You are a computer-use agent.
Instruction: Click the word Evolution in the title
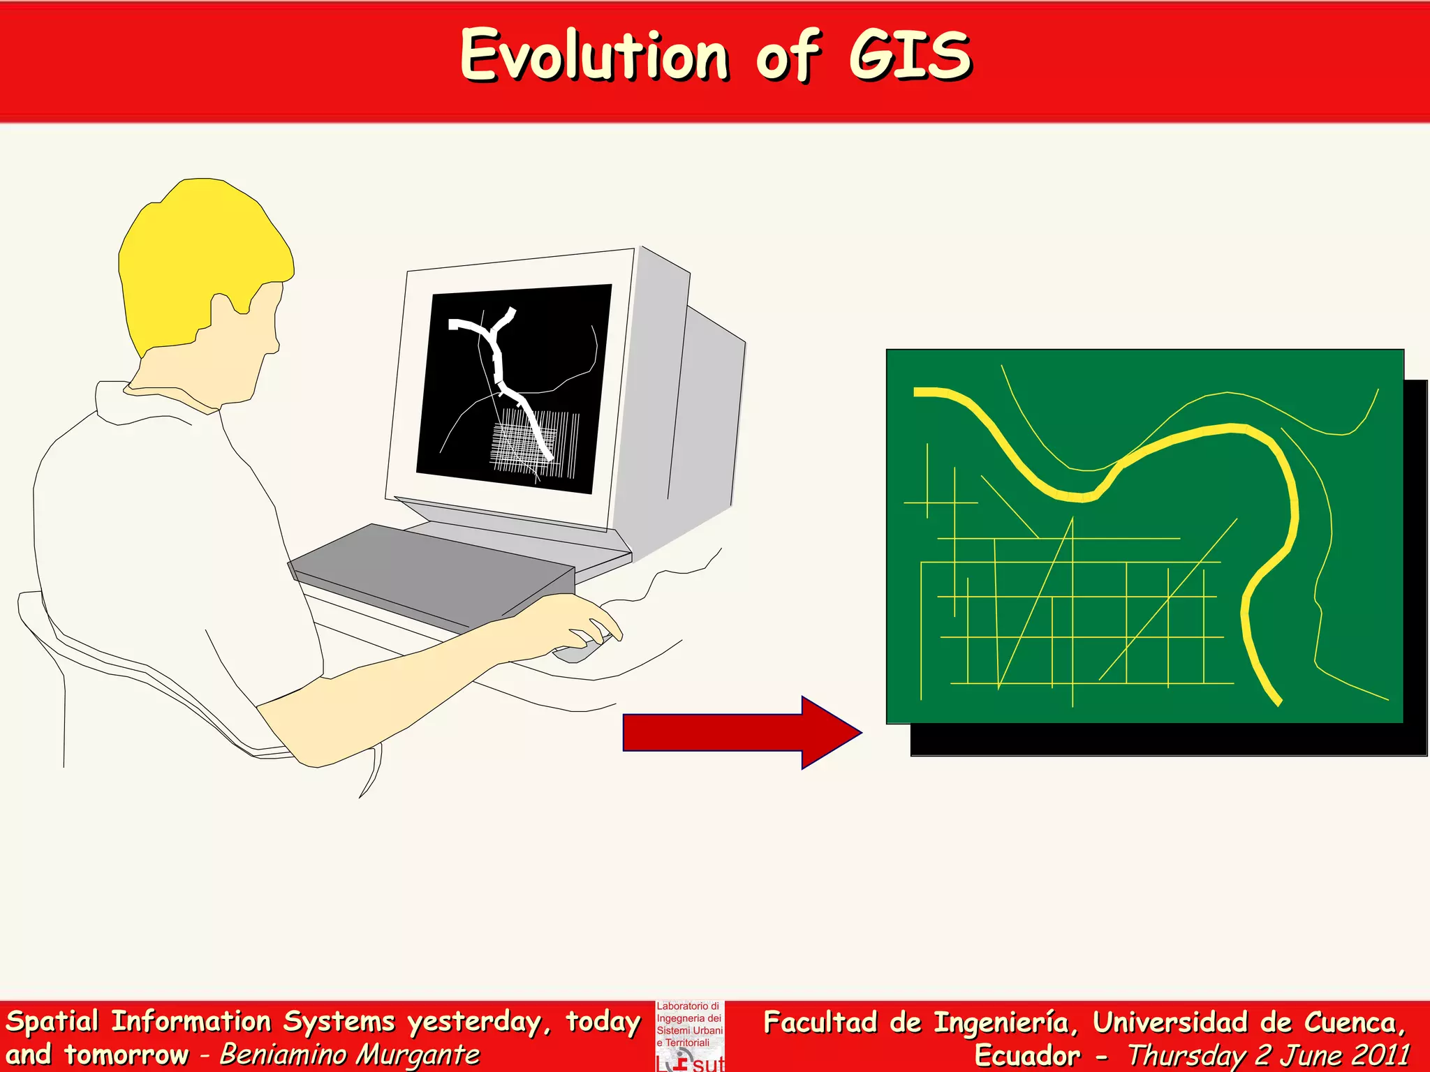point(594,56)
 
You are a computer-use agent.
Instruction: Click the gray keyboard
point(433,572)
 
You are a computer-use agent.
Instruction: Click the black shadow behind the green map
point(1159,740)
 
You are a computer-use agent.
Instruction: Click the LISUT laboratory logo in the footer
point(690,1037)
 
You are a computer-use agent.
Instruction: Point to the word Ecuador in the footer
point(1026,1055)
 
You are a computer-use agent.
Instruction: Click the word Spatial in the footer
point(52,1022)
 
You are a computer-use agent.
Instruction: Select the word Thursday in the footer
point(1187,1055)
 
